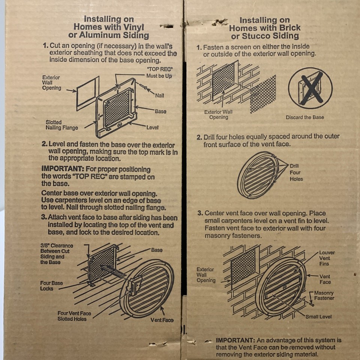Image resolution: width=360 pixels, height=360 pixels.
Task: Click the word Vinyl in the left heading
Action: (134, 27)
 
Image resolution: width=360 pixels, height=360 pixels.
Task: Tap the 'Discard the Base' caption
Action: (304, 117)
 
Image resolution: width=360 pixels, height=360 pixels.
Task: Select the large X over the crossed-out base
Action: (312, 88)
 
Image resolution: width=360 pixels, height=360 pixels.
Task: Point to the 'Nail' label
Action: (159, 96)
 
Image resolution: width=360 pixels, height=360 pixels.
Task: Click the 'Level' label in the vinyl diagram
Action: (152, 127)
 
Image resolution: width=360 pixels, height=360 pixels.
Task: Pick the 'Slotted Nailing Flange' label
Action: (62, 125)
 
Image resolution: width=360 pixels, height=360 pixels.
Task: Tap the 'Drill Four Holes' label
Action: (296, 172)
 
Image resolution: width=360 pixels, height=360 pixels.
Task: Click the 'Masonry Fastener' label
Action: (324, 295)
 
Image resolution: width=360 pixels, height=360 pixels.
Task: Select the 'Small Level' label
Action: (318, 317)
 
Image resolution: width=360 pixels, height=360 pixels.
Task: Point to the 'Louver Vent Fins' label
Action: (327, 258)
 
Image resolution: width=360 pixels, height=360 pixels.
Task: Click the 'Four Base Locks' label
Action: (51, 286)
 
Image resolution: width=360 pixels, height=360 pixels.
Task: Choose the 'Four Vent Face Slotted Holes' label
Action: (74, 316)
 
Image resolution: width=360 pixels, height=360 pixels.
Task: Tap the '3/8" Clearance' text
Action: (57, 246)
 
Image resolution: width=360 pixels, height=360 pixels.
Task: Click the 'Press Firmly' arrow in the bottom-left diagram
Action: (112, 271)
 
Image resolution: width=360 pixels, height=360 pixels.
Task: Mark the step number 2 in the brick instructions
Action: (199, 138)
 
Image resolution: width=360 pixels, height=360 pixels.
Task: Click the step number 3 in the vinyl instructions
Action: (44, 217)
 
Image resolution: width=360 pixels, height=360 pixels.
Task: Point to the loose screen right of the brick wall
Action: (263, 94)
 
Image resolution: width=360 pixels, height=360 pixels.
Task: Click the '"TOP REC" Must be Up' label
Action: (159, 72)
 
